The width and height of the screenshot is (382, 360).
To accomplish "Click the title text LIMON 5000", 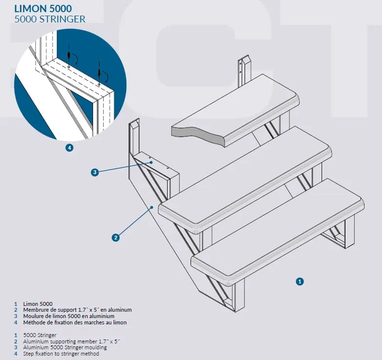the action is [x=43, y=9].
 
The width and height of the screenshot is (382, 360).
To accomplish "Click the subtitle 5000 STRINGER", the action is [x=50, y=19].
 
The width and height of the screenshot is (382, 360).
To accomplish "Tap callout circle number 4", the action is [x=69, y=148].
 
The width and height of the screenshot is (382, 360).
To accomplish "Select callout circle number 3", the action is [x=95, y=172].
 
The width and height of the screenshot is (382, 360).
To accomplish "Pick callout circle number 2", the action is [x=116, y=238].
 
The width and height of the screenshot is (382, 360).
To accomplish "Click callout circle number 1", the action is [x=300, y=281].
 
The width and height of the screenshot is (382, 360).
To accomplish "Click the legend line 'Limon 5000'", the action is [x=38, y=304].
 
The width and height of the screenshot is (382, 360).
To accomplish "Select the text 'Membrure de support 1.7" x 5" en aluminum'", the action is [x=77, y=310].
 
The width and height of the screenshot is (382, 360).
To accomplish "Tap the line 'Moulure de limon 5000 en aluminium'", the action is [x=69, y=316].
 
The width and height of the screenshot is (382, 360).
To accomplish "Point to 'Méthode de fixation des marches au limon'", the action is [x=75, y=322].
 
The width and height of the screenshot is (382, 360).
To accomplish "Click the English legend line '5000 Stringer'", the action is [x=40, y=336].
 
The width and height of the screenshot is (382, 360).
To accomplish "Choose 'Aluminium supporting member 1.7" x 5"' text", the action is [x=71, y=341].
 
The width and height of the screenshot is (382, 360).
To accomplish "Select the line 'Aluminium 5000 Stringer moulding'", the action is [x=65, y=347].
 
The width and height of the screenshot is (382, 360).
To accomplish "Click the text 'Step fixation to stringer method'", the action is [x=61, y=354].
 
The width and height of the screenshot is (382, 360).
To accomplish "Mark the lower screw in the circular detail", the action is [x=99, y=73].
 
